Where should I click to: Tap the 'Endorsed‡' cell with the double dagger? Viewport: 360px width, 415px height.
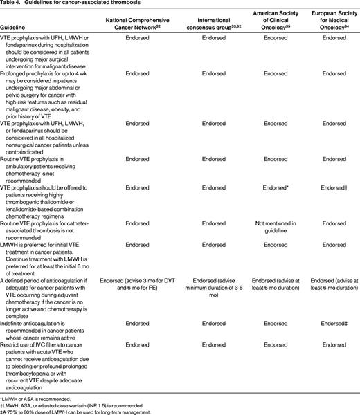click(x=330, y=324)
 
